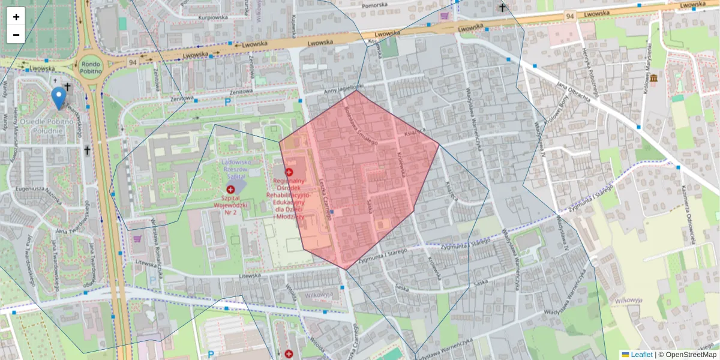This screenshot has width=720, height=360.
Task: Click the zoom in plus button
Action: point(16,17)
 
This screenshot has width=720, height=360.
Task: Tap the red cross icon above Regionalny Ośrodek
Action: point(289,172)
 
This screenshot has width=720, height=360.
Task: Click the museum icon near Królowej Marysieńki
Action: point(652,79)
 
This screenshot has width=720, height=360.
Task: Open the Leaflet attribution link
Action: point(641,355)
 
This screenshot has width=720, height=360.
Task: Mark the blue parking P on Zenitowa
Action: point(227,103)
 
